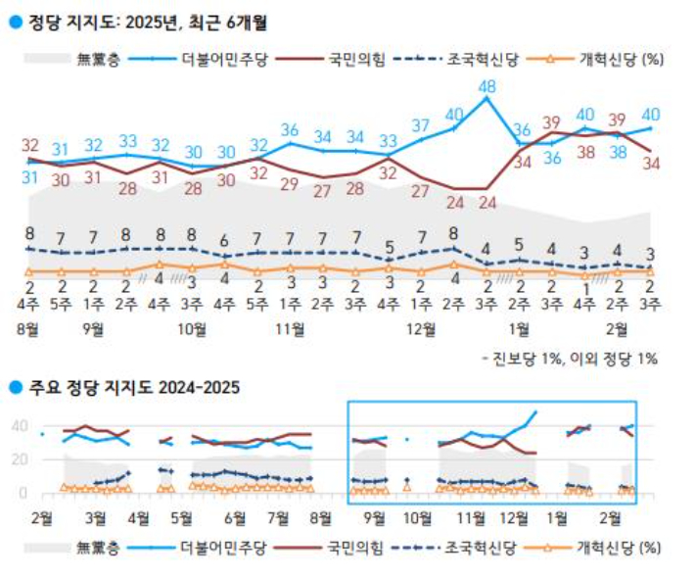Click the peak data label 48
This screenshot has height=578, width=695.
486,88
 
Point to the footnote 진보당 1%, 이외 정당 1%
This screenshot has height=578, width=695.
571,359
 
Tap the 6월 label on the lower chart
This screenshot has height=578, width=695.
235,516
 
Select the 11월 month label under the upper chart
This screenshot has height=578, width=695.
291,329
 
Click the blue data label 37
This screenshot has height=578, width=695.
421,125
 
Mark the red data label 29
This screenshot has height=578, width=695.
290,183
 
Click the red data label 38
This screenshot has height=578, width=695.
585,152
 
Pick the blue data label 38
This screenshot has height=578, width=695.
618,152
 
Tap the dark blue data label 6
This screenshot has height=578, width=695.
224,241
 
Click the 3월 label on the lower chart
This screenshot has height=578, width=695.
96,516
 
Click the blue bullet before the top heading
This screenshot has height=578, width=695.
14,20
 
